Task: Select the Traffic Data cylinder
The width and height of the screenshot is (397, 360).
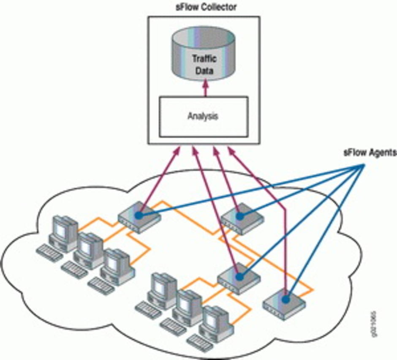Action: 203,57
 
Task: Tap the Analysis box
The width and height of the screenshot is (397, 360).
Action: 203,117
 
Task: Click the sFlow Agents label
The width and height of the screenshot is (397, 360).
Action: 369,153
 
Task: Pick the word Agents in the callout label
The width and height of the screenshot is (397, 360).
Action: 381,153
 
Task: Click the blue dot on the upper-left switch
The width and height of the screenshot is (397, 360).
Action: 138,215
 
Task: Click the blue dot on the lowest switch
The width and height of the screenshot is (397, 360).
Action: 286,299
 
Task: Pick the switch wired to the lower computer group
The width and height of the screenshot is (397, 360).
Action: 239,277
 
